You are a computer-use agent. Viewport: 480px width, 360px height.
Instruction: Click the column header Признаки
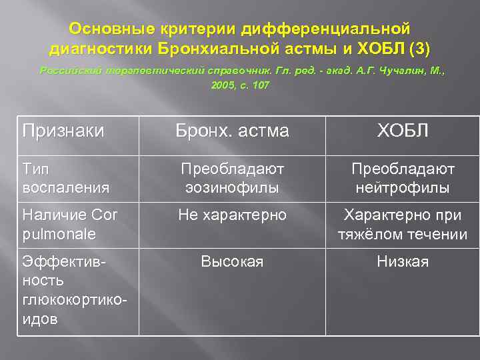click(x=63, y=131)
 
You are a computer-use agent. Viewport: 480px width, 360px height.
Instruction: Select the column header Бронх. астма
click(x=232, y=131)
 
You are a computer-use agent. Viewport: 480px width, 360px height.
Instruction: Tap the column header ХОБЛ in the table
click(x=403, y=131)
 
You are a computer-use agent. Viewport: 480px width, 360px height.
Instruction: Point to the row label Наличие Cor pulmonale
click(x=67, y=225)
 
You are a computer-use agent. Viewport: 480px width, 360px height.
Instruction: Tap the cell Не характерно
click(x=232, y=215)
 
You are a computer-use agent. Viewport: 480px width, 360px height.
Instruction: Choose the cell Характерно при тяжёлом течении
click(x=403, y=225)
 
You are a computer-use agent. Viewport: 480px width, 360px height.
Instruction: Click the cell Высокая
click(x=232, y=262)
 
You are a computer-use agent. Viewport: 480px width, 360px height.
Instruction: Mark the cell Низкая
click(x=403, y=262)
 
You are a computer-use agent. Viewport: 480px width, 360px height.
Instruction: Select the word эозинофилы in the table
click(x=232, y=187)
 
